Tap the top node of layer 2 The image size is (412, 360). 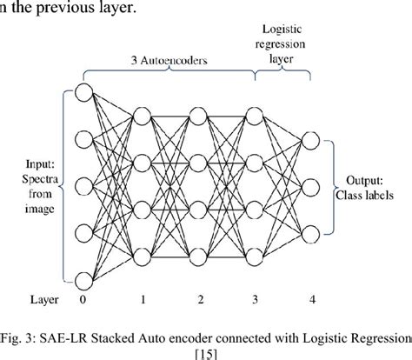click(198, 115)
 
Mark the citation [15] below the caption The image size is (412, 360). click(209, 351)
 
